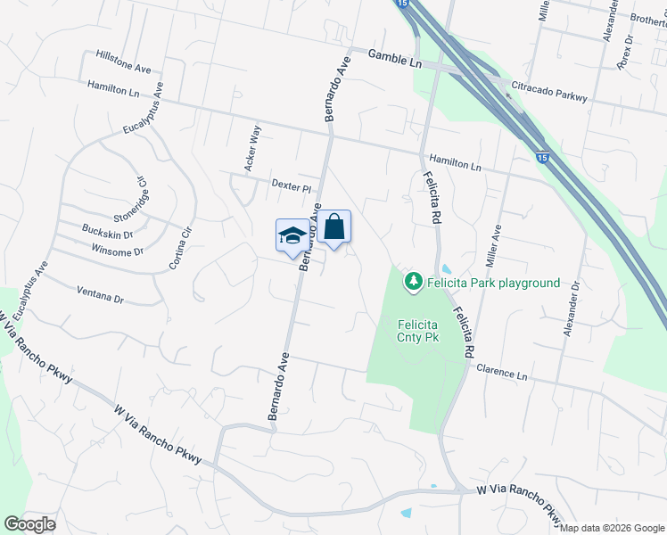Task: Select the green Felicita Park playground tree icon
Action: [x=413, y=283]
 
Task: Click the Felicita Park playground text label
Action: [x=493, y=284]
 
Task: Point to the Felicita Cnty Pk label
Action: [x=418, y=332]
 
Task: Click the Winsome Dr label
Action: [x=118, y=251]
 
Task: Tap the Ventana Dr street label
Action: [x=100, y=295]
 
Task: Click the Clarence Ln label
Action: [x=502, y=372]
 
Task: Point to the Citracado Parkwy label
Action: [x=548, y=92]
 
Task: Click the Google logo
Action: [x=29, y=524]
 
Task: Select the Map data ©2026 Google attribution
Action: [x=611, y=528]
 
